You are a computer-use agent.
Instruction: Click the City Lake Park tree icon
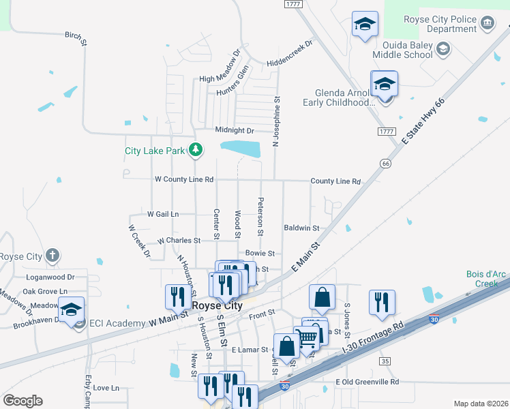[196, 149]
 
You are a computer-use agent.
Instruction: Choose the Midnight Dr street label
[234, 130]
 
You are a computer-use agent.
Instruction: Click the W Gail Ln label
[163, 214]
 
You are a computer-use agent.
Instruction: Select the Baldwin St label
[301, 228]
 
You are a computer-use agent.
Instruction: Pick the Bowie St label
[260, 253]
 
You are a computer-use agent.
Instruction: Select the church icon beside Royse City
[50, 256]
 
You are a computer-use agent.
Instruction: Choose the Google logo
[22, 401]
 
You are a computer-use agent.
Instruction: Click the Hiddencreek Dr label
[289, 44]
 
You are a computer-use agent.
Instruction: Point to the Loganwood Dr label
[49, 277]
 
